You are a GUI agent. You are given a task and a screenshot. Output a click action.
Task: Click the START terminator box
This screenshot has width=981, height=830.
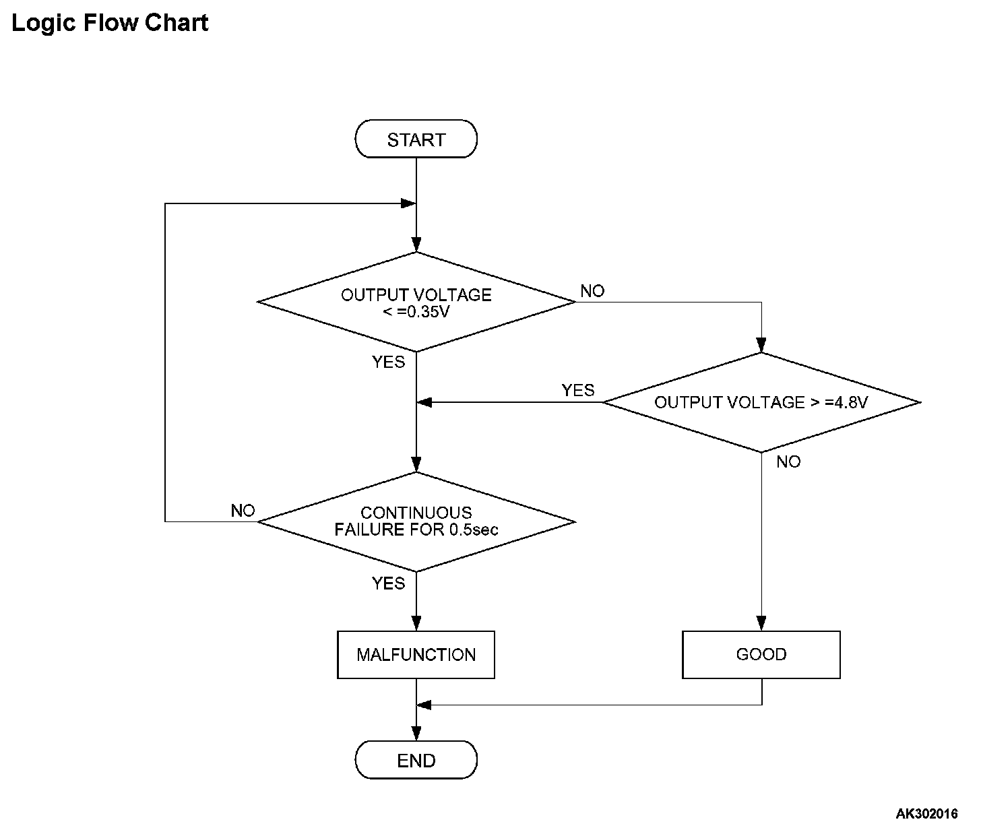[x=416, y=139]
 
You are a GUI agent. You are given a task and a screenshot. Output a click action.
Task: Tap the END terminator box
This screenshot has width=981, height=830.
[x=416, y=760]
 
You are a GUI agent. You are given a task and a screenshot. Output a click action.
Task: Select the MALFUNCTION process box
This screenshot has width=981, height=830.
[x=416, y=654]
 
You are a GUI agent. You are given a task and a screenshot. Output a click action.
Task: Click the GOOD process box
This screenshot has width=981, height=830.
[x=761, y=654]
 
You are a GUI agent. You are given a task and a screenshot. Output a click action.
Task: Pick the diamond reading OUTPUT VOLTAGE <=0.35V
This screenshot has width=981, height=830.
[x=416, y=302]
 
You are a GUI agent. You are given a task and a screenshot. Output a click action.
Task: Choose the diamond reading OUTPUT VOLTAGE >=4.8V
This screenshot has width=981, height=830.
[x=761, y=402]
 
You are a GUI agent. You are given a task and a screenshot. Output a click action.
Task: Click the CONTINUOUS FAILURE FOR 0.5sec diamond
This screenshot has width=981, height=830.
[x=416, y=521]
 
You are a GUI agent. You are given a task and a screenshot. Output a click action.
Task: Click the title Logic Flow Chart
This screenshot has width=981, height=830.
[x=110, y=23]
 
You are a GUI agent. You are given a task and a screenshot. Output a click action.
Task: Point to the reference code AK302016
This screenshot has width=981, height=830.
[x=926, y=813]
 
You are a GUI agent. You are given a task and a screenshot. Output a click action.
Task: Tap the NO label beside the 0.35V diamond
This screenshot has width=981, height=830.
[x=592, y=291]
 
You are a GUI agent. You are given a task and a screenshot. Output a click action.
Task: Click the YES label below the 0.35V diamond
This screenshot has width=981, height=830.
[x=388, y=362]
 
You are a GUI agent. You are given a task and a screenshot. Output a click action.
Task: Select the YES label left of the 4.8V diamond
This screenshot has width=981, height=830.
[x=577, y=390]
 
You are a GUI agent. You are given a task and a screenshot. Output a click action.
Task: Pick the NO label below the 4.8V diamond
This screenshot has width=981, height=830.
[x=788, y=461]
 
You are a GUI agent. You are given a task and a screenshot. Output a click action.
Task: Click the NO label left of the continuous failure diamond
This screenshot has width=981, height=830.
[x=243, y=511]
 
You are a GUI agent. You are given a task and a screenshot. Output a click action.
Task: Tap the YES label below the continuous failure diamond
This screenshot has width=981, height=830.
[x=388, y=583]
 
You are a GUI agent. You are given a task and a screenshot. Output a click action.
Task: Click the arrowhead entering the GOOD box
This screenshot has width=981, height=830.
[x=761, y=624]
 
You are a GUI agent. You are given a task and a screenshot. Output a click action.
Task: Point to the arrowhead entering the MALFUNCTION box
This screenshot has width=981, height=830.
[x=416, y=624]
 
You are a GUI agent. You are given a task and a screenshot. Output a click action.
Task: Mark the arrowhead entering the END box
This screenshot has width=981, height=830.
[x=416, y=734]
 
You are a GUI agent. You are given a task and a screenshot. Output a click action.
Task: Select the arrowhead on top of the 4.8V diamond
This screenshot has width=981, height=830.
[x=761, y=345]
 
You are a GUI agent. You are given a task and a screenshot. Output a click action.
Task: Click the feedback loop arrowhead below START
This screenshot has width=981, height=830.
[x=408, y=203]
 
